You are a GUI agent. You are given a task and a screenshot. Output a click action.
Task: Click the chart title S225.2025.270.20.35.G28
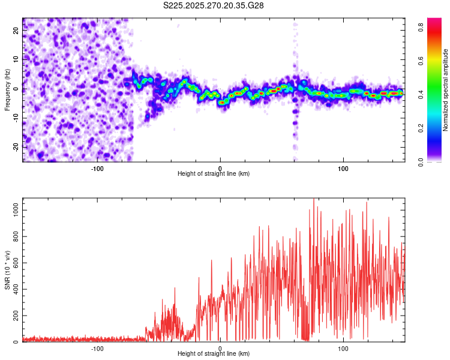click(214, 5)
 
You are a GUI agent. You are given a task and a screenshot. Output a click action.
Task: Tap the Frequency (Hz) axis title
click(7, 90)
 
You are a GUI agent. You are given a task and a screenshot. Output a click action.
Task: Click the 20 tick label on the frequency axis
click(16, 29)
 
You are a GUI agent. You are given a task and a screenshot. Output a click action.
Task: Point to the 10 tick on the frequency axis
click(16, 58)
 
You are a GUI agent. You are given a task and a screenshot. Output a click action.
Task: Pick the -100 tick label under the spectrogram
click(97, 168)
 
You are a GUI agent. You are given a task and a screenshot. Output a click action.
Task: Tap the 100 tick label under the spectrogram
click(343, 168)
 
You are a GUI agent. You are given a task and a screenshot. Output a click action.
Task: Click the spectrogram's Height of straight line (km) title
click(214, 174)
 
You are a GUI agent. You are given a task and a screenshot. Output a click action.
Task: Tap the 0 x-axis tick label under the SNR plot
click(220, 348)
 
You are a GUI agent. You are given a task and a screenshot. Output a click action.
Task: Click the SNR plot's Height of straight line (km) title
click(214, 354)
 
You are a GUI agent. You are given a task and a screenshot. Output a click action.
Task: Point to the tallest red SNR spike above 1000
click(313, 200)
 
